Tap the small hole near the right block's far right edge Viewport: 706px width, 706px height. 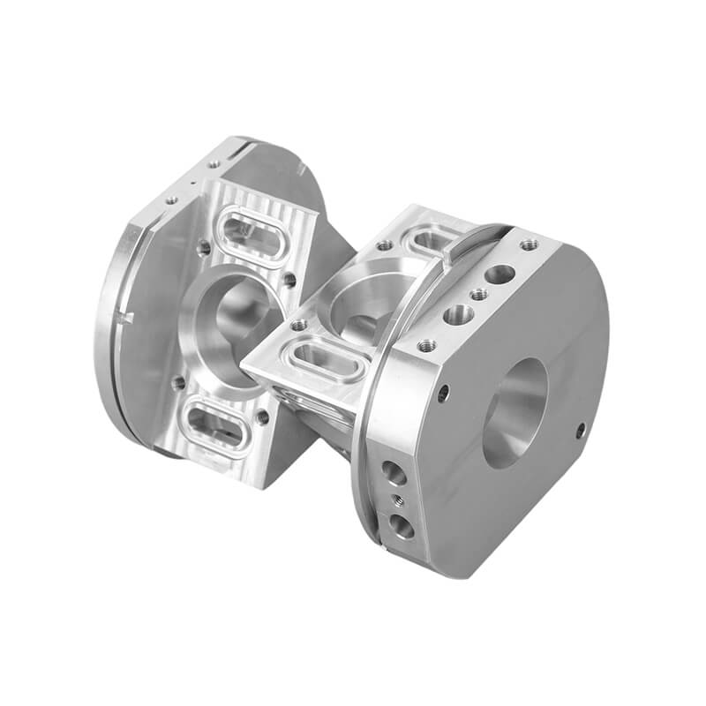click(580, 430)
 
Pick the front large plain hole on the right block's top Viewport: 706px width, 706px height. click(458, 313)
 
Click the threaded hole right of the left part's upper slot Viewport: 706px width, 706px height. click(289, 279)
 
